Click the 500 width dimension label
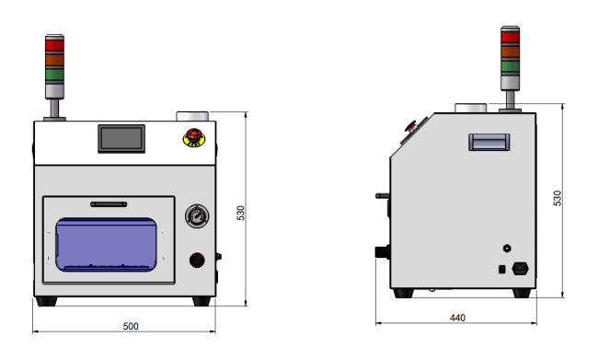coord(131,327)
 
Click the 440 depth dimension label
coord(457,318)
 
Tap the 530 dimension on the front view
coord(241,213)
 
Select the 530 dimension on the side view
coord(558,198)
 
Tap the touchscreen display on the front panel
coord(121,139)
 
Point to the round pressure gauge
coord(197,216)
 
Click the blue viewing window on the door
coord(106,245)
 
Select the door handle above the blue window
coord(109,204)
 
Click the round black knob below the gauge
coord(197,260)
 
